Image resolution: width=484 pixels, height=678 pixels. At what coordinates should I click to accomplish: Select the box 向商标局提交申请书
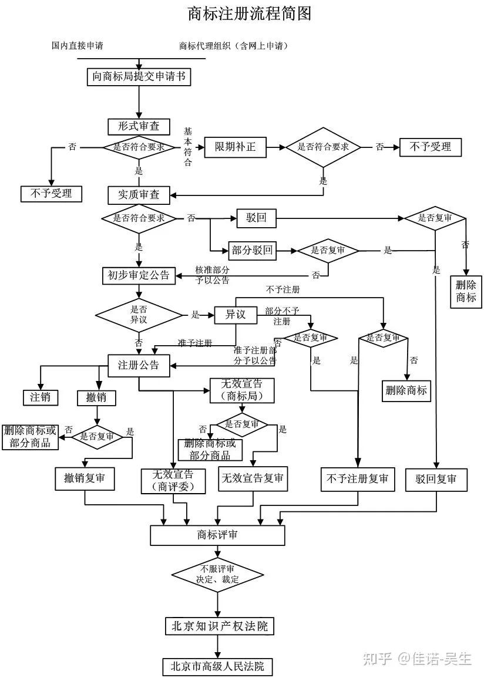click(x=139, y=77)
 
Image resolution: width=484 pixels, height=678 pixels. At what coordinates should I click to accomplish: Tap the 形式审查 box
click(x=139, y=126)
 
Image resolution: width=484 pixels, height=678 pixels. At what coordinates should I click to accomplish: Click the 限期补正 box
click(x=235, y=147)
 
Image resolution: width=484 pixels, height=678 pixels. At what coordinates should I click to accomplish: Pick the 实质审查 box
click(x=139, y=194)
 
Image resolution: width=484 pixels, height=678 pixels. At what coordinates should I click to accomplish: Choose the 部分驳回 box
click(x=252, y=251)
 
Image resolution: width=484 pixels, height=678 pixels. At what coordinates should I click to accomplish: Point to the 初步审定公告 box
click(x=139, y=275)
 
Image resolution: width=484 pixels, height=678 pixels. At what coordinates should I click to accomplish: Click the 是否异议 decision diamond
click(x=139, y=316)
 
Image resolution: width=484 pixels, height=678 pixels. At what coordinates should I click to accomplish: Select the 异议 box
click(x=235, y=315)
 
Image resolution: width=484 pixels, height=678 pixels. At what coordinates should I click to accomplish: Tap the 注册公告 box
click(x=139, y=365)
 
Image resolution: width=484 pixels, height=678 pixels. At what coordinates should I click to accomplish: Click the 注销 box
click(x=41, y=397)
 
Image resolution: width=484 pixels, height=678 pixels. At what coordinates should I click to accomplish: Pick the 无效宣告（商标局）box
click(x=241, y=390)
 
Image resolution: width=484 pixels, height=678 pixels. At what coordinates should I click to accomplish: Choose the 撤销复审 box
click(x=85, y=478)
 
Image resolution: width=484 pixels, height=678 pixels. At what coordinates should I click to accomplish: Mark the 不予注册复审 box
click(x=357, y=478)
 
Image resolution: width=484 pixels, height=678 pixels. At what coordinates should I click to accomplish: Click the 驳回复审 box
click(x=436, y=478)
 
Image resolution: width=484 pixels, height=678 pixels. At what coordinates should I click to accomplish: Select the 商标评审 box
click(x=217, y=535)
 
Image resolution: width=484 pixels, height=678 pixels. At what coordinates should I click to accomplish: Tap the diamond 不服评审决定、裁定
click(x=217, y=574)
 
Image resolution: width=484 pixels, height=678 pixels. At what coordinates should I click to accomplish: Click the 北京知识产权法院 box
click(x=219, y=626)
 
